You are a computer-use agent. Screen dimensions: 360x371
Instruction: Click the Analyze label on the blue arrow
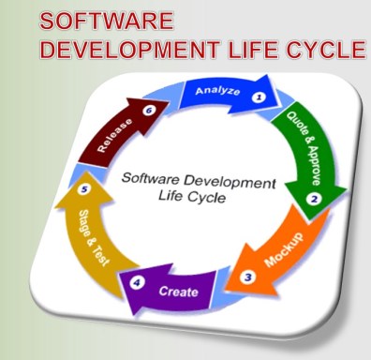217,92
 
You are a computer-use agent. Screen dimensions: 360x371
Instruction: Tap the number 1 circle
259,97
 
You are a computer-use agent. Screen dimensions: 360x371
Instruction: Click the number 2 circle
315,199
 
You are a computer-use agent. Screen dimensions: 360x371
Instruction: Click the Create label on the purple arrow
179,292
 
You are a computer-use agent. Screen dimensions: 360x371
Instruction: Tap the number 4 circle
137,279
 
